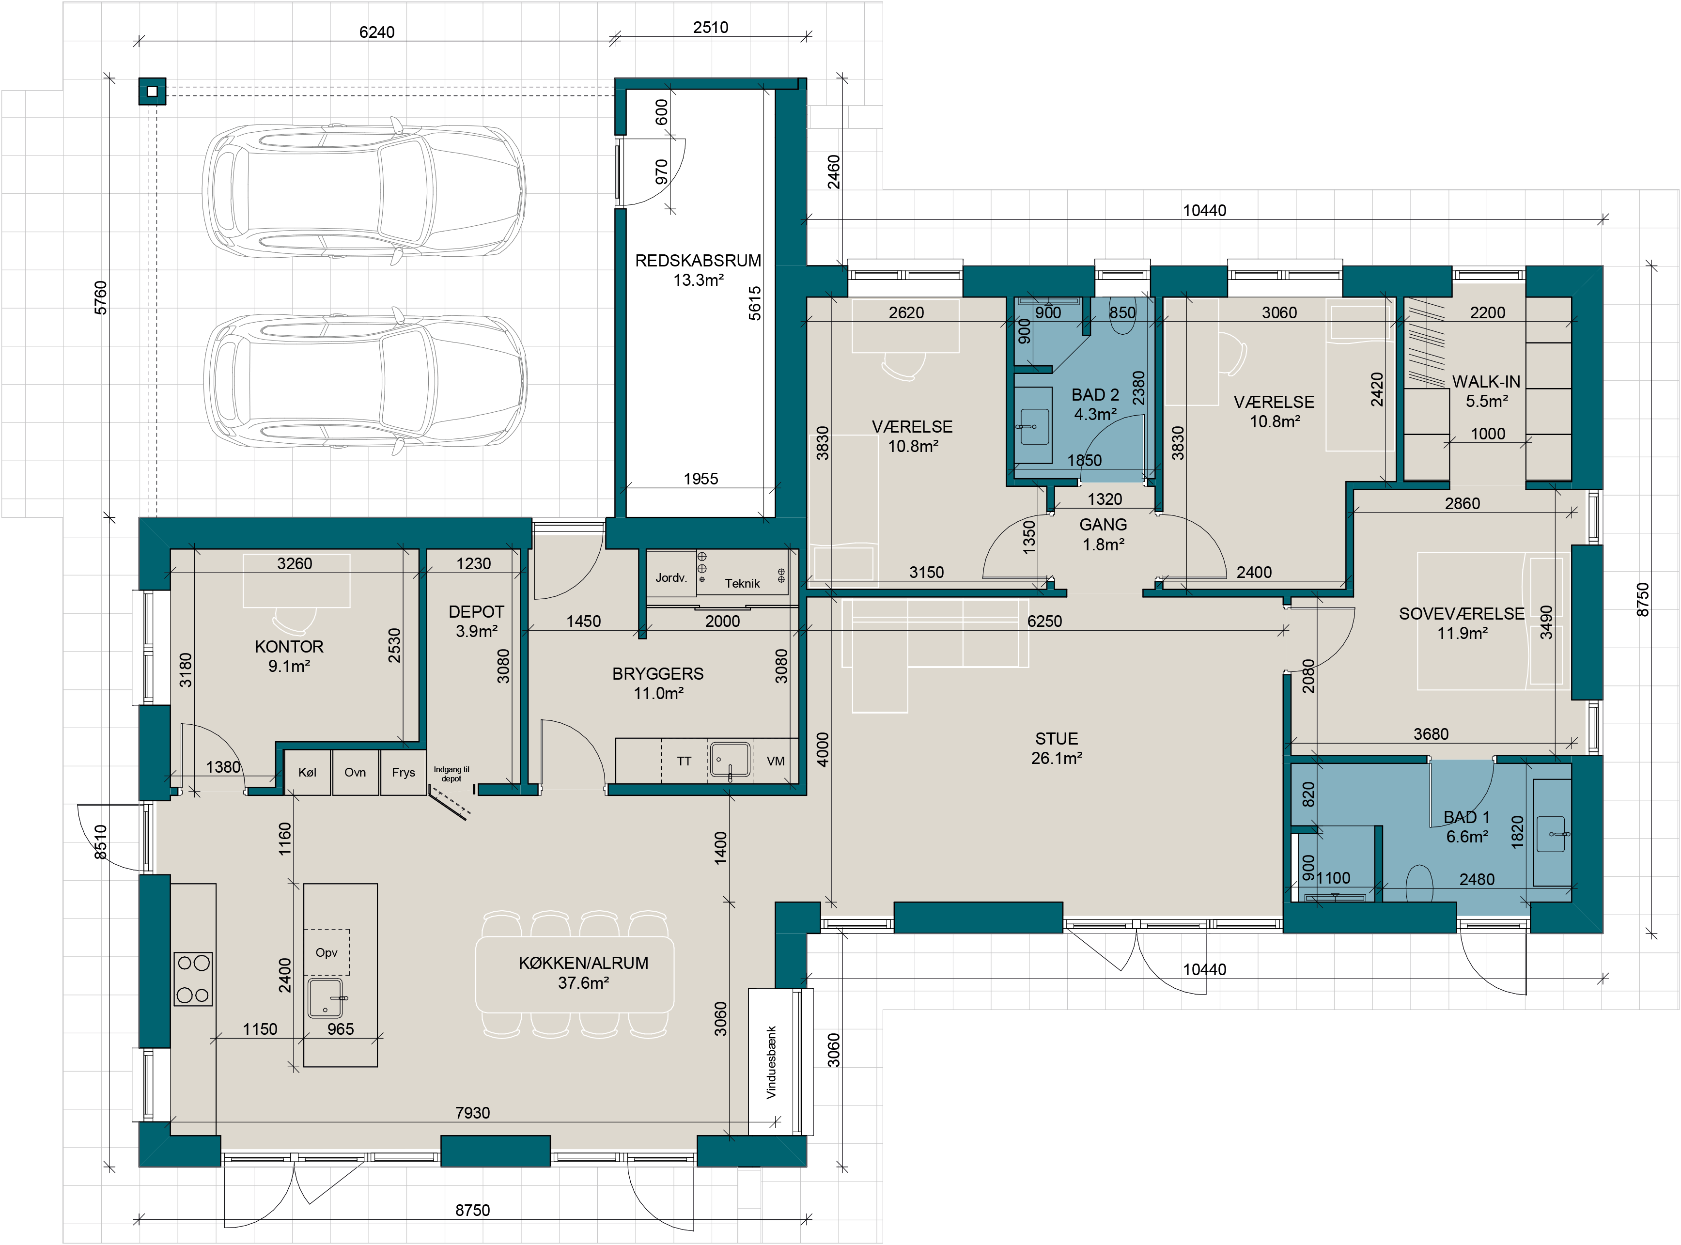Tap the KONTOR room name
pyautogui.click(x=289, y=647)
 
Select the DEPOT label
pyautogui.click(x=476, y=612)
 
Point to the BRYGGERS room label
pyautogui.click(x=658, y=674)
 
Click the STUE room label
pyautogui.click(x=1057, y=739)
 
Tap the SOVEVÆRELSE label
pyautogui.click(x=1462, y=613)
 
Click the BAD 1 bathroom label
pyautogui.click(x=1466, y=817)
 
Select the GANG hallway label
pyautogui.click(x=1103, y=525)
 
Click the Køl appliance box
pyautogui.click(x=308, y=773)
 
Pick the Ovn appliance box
pyautogui.click(x=355, y=773)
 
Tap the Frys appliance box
pyautogui.click(x=403, y=773)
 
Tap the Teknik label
pyautogui.click(x=742, y=583)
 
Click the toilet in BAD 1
pyautogui.click(x=1419, y=883)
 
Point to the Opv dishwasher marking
pyautogui.click(x=326, y=952)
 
